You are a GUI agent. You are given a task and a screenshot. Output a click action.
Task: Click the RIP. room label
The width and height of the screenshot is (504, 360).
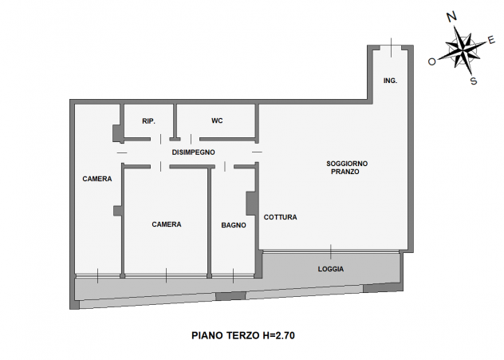click(148, 121)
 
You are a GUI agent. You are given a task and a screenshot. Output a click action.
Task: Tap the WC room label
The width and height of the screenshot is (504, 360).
click(217, 121)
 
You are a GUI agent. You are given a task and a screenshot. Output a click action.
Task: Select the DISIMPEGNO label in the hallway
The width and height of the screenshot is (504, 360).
click(193, 152)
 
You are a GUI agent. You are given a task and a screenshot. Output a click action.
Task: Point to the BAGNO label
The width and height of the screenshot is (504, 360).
click(234, 225)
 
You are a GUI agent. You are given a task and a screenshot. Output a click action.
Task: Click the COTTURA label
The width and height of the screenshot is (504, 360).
click(280, 217)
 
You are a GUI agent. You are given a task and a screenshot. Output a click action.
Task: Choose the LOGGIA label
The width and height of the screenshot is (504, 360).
click(331, 269)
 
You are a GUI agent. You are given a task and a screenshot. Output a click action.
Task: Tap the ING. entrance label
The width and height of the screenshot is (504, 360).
click(390, 81)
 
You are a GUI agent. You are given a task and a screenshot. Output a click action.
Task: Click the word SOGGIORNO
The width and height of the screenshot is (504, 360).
click(347, 164)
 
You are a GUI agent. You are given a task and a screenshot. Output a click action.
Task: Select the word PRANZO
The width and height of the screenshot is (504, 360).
click(345, 172)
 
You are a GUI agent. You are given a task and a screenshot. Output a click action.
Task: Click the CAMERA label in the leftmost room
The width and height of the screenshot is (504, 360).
click(97, 179)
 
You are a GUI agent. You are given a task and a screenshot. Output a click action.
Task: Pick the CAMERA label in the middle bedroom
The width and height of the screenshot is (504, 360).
click(167, 224)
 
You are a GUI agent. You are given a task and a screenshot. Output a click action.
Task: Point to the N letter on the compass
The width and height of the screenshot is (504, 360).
click(452, 17)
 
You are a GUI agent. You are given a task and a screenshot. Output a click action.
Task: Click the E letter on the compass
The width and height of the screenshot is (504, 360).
click(491, 40)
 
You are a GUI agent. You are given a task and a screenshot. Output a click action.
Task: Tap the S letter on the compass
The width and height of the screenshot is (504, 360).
click(474, 81)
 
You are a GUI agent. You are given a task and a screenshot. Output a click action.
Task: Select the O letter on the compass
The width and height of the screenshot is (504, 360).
click(432, 61)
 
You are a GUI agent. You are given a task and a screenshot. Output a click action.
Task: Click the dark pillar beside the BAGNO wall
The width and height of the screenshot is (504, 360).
click(250, 204)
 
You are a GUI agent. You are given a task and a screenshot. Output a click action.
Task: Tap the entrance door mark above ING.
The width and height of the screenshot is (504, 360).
click(392, 47)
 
